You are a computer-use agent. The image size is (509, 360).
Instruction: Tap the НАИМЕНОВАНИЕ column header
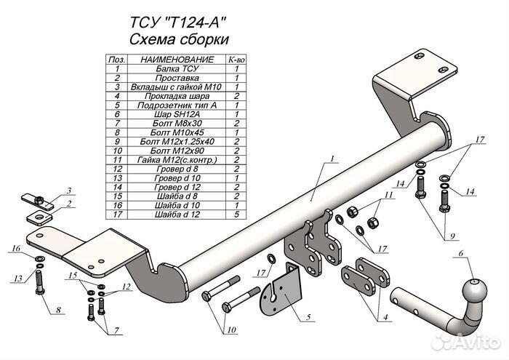177,59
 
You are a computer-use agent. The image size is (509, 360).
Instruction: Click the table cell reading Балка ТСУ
177,68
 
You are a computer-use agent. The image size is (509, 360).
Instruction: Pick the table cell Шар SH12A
177,114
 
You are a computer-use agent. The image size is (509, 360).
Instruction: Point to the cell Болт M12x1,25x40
177,142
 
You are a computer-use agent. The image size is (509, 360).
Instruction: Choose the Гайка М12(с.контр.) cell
177,160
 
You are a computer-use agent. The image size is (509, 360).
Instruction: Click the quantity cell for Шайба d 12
237,215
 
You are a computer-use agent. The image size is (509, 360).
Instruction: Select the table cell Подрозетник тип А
177,105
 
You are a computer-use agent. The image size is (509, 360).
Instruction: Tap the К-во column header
237,59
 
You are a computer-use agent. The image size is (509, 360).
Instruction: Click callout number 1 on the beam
330,159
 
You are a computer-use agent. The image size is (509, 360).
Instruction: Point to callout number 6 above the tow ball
460,253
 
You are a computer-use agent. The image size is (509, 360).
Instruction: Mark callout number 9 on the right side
455,236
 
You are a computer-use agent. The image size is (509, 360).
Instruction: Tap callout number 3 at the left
69,191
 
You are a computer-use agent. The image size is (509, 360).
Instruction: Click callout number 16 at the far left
14,250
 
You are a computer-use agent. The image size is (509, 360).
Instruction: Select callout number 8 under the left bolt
56,311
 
